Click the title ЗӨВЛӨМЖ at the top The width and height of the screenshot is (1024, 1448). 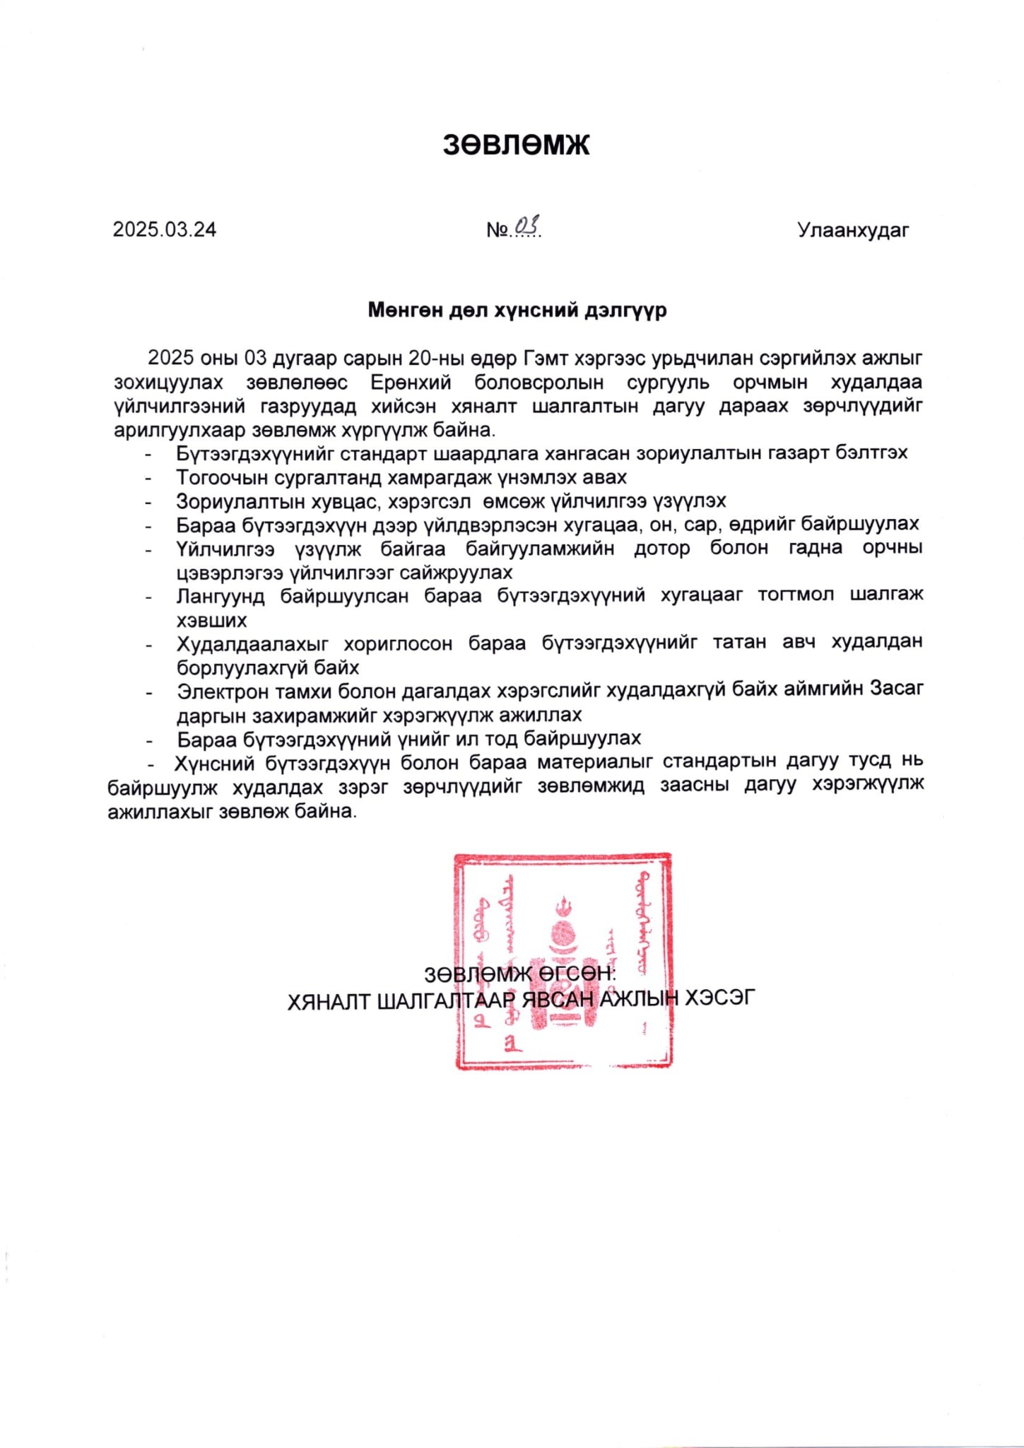(x=516, y=144)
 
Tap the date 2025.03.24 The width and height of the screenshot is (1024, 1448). (x=165, y=230)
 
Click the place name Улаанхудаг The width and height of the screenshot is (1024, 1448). (x=853, y=230)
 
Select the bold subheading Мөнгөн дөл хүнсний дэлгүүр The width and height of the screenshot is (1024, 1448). (x=517, y=310)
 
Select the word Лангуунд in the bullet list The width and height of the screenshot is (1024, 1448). (x=220, y=596)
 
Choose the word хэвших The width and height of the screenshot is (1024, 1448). (x=211, y=620)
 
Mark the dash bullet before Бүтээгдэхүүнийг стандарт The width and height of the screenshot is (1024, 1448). (x=148, y=453)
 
